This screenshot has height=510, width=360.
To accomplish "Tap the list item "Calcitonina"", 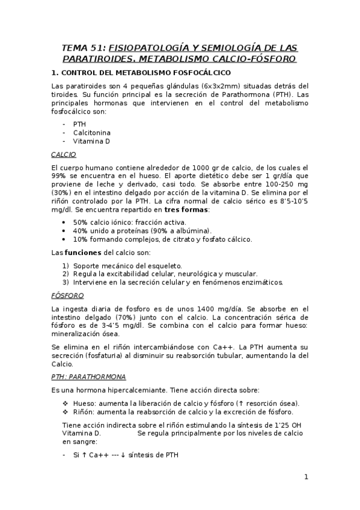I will click(x=92, y=132).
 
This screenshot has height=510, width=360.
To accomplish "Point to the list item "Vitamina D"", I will click(x=92, y=141).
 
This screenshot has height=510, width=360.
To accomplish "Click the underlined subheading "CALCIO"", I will click(x=64, y=154).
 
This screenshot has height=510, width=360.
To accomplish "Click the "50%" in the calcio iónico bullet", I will click(x=81, y=222).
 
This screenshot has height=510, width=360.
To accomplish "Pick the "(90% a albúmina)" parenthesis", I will click(x=181, y=230).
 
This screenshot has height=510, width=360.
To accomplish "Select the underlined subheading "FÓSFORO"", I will click(x=67, y=295).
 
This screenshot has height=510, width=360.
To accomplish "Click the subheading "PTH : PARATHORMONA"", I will click(x=88, y=376).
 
